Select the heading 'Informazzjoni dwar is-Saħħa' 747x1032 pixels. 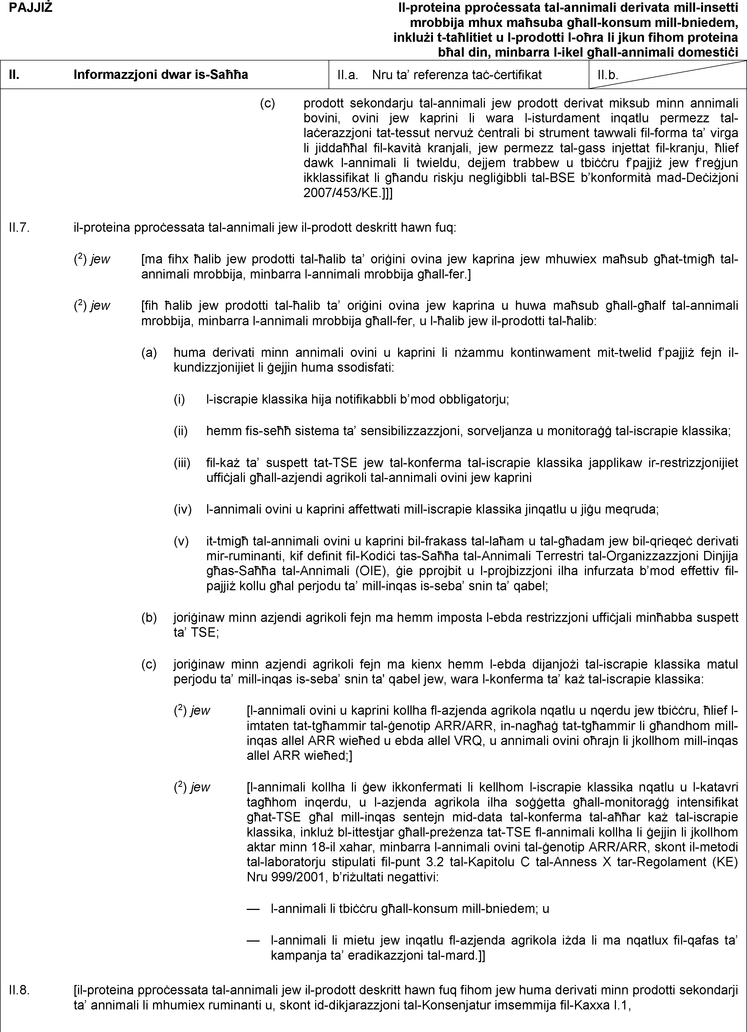click(161, 74)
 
